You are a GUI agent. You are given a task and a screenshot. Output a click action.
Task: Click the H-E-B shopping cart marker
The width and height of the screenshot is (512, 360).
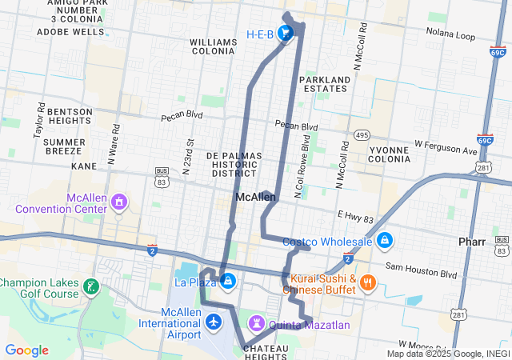285,33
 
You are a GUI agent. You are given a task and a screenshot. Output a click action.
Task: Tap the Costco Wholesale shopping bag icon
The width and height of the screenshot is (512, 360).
385,240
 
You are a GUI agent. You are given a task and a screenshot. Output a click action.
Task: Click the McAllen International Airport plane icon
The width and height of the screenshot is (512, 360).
213,322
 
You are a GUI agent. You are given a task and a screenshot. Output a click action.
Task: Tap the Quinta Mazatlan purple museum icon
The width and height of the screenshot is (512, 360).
257,323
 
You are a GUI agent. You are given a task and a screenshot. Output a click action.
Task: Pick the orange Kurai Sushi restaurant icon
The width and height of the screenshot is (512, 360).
368,282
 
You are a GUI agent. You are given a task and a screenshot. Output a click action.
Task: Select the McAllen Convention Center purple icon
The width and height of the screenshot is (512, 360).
119,200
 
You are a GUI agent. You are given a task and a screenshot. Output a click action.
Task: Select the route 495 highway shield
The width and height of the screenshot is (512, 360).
363,135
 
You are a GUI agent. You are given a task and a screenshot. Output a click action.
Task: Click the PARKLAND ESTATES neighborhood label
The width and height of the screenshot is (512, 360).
325,84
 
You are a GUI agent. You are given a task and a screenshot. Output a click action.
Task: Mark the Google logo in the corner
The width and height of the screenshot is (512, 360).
26,350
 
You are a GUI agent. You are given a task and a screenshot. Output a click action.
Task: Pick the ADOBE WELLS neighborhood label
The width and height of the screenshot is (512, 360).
70,32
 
